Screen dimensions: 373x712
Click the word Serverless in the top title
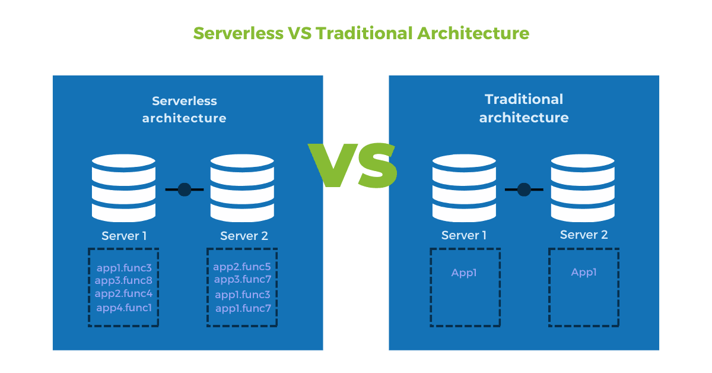[238, 33]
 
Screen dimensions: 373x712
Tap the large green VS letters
[352, 166]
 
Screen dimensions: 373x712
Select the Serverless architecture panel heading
[184, 109]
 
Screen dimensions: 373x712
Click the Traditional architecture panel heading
[523, 108]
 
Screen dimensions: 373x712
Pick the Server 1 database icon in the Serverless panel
[123, 186]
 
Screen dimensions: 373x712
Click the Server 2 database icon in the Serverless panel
[242, 186]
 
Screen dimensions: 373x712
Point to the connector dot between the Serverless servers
[184, 189]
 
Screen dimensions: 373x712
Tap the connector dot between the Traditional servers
[524, 189]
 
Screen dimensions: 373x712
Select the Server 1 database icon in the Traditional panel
[464, 186]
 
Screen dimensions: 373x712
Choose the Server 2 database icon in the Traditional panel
[583, 186]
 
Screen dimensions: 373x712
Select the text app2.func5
[242, 267]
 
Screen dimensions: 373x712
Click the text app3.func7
[242, 280]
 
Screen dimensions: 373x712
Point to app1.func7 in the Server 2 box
[243, 308]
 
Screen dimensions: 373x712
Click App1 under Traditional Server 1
[464, 273]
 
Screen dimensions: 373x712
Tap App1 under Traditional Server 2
[584, 273]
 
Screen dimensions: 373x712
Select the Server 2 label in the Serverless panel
[244, 236]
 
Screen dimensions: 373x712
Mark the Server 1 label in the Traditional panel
[464, 235]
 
